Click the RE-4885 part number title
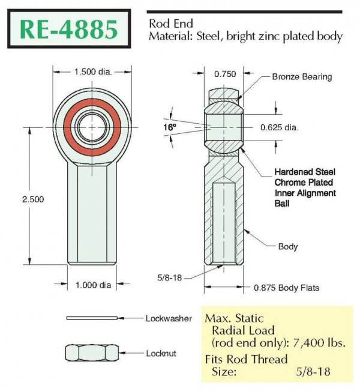pyautogui.click(x=69, y=29)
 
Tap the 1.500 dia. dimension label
pyautogui.click(x=93, y=72)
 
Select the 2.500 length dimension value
pyautogui.click(x=33, y=199)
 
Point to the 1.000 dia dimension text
pyautogui.click(x=93, y=285)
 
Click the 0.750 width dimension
pyautogui.click(x=225, y=74)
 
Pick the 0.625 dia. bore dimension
pyautogui.click(x=279, y=128)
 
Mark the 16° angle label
pyautogui.click(x=169, y=127)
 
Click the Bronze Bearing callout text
pyautogui.click(x=302, y=77)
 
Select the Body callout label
pyautogui.click(x=288, y=247)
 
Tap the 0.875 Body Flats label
pyautogui.click(x=287, y=288)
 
